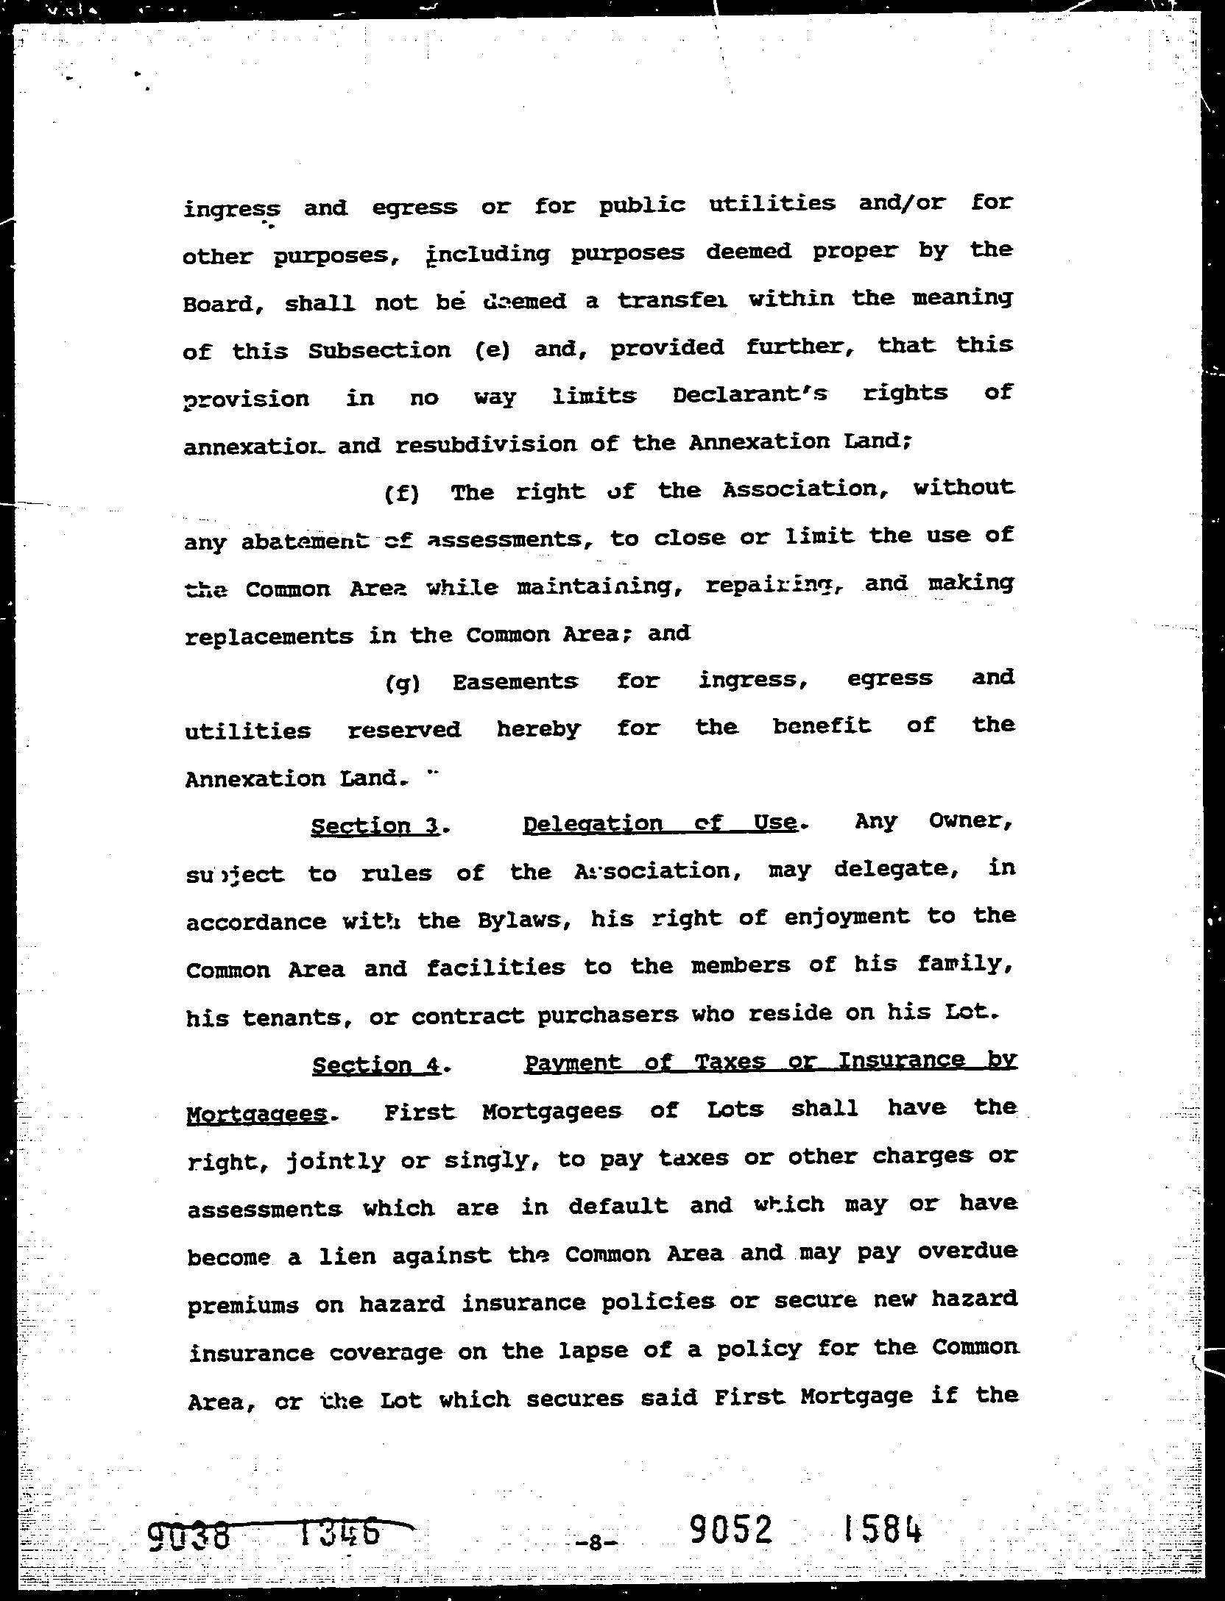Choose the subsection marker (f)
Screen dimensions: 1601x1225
402,493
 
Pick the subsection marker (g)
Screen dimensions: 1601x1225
402,684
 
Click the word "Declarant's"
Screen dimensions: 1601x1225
749,395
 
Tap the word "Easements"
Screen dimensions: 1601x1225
515,682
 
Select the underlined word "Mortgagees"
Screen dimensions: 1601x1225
257,1114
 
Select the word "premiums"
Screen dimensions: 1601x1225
243,1305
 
